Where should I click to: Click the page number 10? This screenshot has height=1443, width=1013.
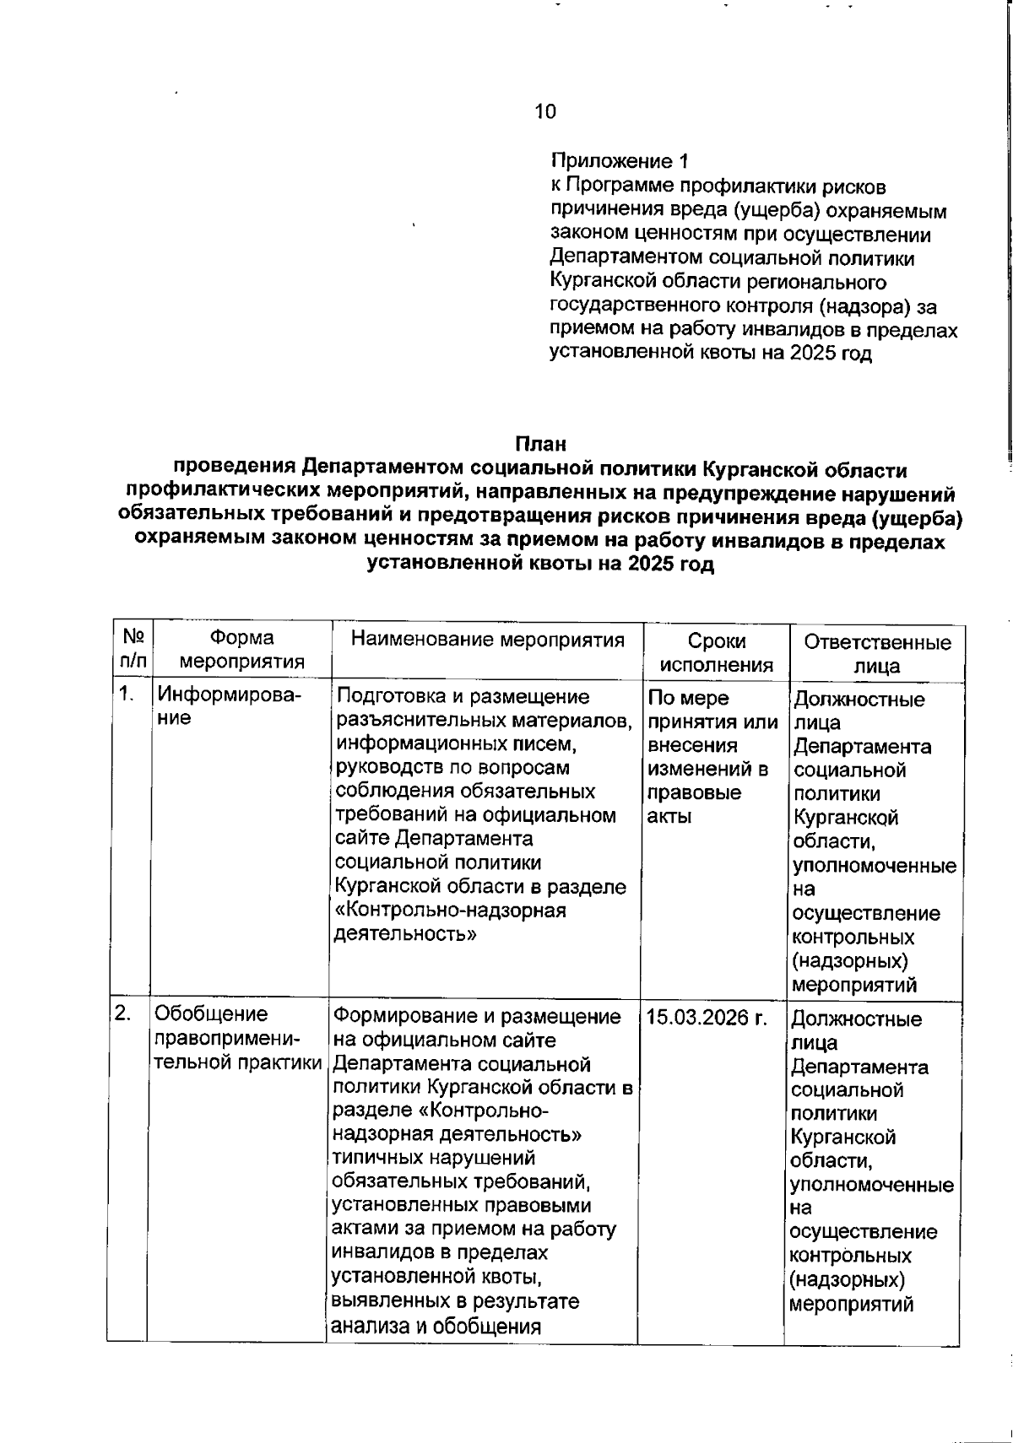545,111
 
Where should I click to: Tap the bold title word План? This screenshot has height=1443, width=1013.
540,444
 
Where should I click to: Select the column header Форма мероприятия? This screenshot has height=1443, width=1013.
242,650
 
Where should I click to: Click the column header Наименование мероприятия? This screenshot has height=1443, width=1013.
487,640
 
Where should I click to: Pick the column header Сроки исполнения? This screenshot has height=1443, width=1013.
716,652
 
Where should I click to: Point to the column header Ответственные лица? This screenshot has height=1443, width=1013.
876,654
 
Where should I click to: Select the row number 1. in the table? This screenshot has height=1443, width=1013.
127,695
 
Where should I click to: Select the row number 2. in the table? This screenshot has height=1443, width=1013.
123,1013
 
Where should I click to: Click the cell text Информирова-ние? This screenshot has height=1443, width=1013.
230,707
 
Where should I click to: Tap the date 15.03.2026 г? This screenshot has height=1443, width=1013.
707,1018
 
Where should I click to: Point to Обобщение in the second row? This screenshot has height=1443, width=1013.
211,1014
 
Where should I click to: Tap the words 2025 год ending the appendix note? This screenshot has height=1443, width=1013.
831,354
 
